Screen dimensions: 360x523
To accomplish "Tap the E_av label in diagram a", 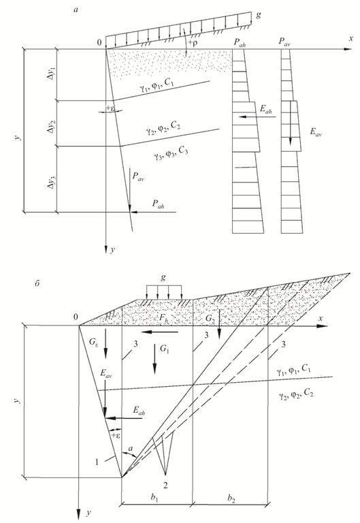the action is (316, 132).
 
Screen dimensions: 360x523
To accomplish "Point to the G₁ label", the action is (165, 349).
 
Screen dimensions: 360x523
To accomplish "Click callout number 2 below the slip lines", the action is (165, 485).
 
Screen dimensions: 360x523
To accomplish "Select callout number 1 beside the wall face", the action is (97, 462).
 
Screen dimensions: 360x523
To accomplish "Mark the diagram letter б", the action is (37, 284).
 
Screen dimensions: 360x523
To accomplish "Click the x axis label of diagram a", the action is (350, 39).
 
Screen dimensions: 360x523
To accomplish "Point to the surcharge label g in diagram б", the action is (163, 278).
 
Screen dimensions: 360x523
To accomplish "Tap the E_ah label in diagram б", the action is (139, 411).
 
